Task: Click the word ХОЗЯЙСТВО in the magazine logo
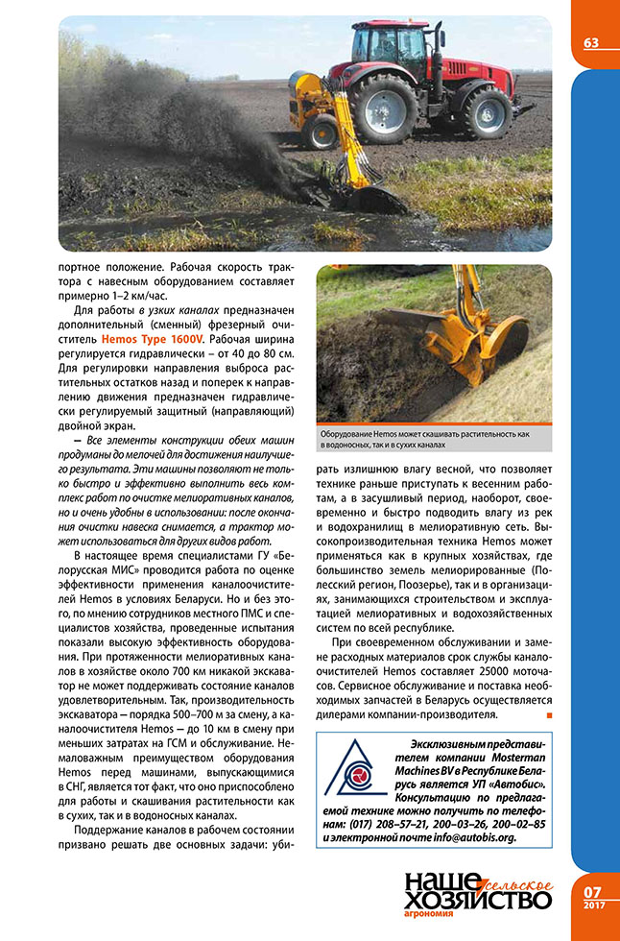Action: (x=478, y=900)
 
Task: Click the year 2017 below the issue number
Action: (x=593, y=907)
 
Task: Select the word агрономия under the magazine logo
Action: (x=436, y=918)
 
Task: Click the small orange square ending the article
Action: (x=548, y=715)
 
